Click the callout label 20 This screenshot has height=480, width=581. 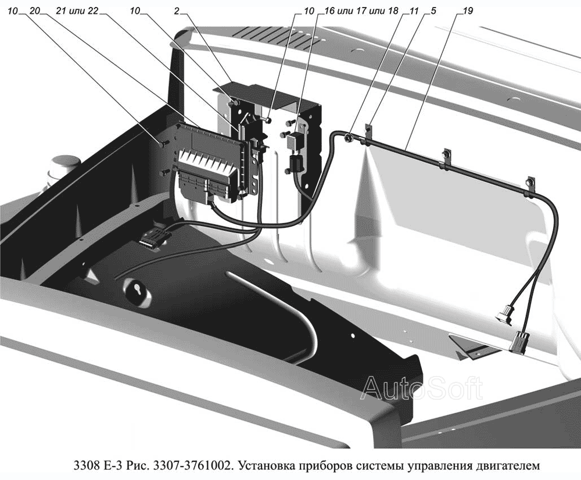click(34, 11)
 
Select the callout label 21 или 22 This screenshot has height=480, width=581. click(77, 11)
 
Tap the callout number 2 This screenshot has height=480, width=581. click(177, 11)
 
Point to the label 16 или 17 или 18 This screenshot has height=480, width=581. click(361, 11)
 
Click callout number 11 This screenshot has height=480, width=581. click(414, 11)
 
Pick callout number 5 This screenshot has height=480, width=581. click(433, 11)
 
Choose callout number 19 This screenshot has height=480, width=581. click(468, 11)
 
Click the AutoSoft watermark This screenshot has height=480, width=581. click(422, 388)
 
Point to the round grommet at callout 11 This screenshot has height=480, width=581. click(348, 138)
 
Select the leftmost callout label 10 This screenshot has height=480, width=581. click(12, 11)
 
